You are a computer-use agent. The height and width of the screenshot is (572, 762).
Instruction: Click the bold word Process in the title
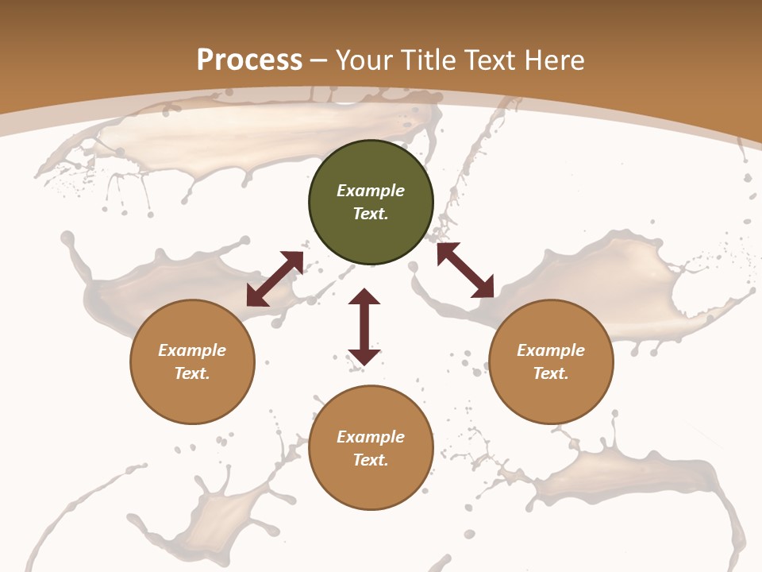(249, 60)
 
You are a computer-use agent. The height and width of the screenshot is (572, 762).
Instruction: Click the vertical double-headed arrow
(364, 327)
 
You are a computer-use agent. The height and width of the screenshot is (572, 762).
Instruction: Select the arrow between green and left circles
(275, 279)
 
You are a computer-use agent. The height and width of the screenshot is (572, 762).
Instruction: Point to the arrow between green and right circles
(465, 270)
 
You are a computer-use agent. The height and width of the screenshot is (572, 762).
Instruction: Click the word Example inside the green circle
(371, 191)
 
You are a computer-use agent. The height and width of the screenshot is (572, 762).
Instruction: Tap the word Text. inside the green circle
(371, 214)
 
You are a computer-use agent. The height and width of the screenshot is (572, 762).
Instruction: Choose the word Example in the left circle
(192, 350)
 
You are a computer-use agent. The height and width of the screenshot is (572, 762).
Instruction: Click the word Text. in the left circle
(192, 373)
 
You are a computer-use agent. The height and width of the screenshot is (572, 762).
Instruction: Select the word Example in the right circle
(551, 350)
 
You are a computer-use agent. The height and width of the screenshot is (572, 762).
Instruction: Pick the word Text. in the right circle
(551, 373)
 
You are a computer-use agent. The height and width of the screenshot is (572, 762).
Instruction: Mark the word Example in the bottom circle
(371, 437)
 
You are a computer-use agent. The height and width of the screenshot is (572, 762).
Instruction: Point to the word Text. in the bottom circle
(371, 460)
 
